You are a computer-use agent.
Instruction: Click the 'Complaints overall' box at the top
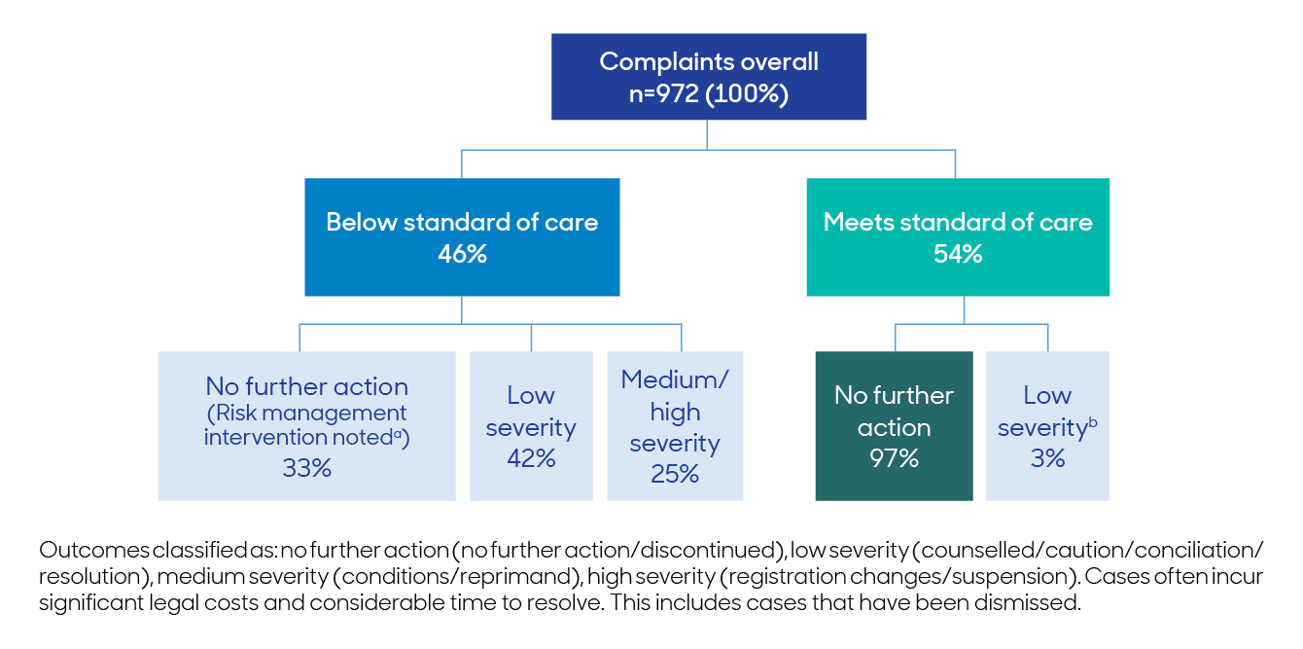709,77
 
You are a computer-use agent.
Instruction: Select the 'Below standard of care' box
462,236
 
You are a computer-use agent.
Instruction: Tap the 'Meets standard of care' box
958,236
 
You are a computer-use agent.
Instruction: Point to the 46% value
462,255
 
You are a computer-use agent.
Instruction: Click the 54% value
958,255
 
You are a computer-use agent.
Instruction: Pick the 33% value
306,469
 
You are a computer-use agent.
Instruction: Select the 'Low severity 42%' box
531,426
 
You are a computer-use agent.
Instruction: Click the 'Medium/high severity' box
675,426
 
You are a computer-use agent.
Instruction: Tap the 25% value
675,475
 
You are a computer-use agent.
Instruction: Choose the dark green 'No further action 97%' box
894,426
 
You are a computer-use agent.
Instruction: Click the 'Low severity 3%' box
1047,426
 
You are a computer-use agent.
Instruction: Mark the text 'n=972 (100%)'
709,95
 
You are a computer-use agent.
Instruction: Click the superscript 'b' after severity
1093,419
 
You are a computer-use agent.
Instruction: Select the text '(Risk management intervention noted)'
306,426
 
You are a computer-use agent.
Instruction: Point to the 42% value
531,459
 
